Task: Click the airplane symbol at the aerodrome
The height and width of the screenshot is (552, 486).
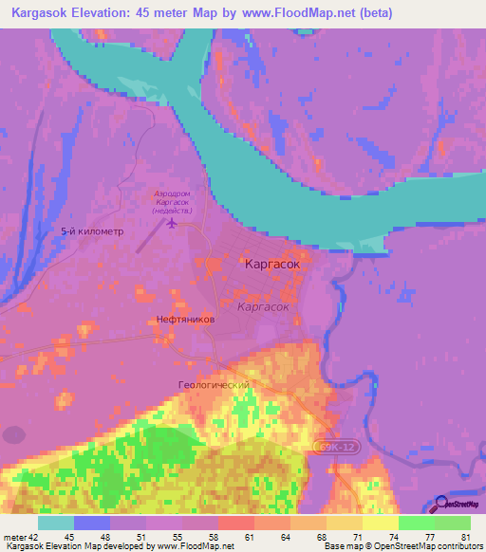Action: (172, 224)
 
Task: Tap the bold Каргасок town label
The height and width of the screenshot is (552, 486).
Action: (272, 266)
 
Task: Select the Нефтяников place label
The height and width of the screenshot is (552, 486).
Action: (186, 321)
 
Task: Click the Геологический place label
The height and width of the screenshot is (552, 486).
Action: (213, 385)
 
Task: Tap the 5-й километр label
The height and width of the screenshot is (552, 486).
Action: (92, 231)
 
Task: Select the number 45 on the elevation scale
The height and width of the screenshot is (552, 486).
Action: (69, 537)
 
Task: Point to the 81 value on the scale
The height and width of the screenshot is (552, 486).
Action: (465, 537)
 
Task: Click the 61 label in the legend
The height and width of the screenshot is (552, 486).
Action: (249, 537)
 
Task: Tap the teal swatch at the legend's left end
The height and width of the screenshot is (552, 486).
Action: (57, 523)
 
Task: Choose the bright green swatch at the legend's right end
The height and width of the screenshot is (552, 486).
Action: (453, 523)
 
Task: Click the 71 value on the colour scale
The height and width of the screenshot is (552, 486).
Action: (356, 537)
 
